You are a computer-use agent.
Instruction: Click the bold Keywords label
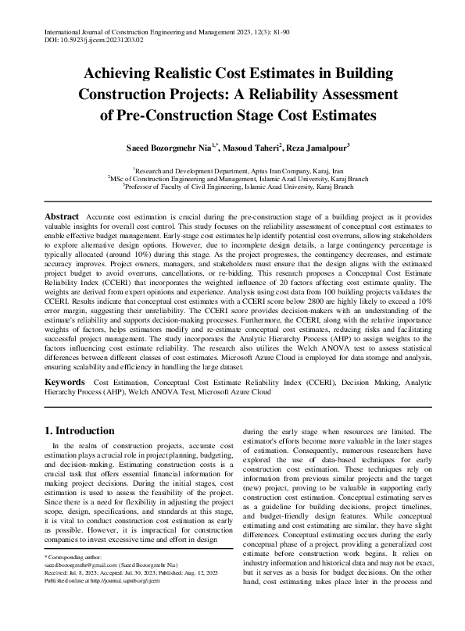click(64, 382)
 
